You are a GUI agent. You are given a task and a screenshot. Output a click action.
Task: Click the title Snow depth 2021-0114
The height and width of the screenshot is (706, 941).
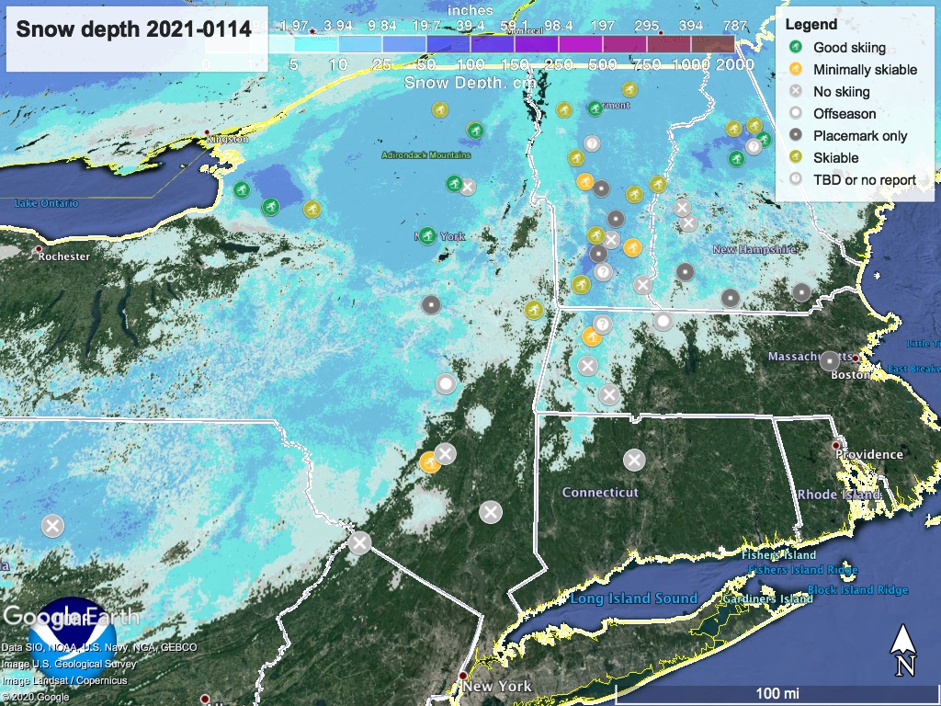point(134,29)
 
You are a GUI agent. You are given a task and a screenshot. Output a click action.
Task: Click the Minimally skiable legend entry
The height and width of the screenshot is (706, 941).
point(865,70)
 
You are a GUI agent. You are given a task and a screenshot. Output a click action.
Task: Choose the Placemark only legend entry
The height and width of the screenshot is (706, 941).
point(860,136)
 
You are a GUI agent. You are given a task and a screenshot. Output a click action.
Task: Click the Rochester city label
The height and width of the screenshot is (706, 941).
point(64,256)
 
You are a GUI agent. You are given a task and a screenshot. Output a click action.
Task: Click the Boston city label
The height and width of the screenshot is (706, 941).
point(850,374)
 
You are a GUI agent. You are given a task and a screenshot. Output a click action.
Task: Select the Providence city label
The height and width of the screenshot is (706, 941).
point(869,454)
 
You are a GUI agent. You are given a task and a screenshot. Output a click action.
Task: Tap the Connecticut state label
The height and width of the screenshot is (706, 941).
point(600,493)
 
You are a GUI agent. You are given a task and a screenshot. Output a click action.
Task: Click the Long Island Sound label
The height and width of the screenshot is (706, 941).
point(633,598)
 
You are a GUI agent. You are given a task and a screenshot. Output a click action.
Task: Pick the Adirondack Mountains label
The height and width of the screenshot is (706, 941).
point(426,155)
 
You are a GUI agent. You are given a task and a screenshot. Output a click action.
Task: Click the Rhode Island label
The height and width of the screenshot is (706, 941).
point(839,495)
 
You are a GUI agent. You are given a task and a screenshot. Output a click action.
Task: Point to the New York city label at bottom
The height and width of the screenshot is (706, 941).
point(497,687)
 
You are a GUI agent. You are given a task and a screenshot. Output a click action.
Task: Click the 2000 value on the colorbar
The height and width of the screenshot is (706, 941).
point(736,64)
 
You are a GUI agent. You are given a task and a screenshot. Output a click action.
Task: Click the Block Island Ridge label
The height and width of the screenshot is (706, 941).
point(857,590)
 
